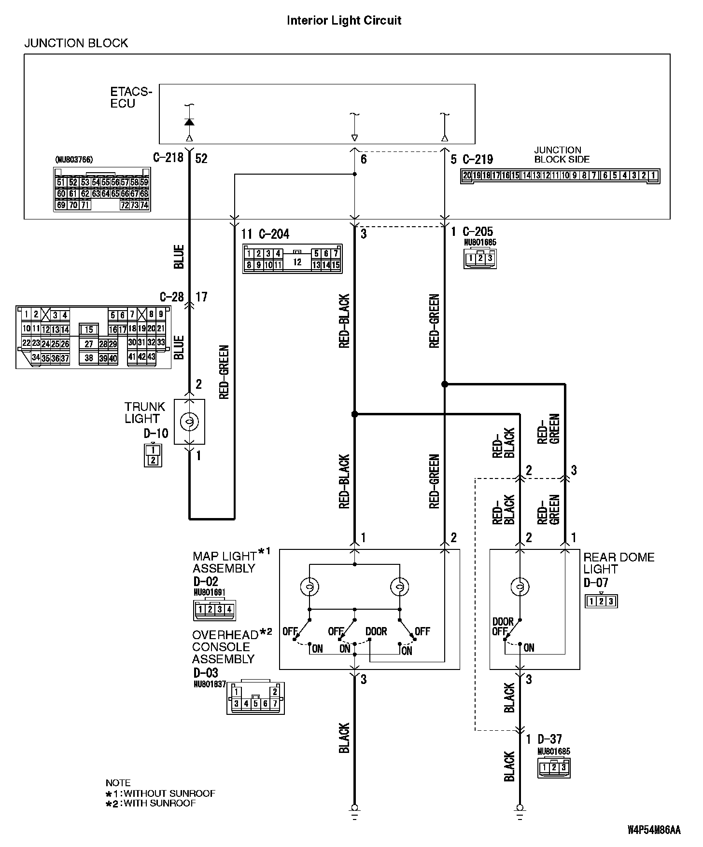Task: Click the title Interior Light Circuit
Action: tap(344, 20)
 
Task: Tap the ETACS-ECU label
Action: tap(131, 97)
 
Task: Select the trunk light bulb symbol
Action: tap(189, 422)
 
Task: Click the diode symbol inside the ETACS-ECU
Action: tap(189, 122)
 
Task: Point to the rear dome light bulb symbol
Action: tap(520, 587)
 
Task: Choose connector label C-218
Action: tap(168, 158)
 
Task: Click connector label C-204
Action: tap(274, 234)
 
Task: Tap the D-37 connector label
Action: tap(549, 738)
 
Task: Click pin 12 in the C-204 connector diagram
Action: tap(297, 262)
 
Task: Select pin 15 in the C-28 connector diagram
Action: tap(89, 330)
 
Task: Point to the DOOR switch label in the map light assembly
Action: tap(376, 631)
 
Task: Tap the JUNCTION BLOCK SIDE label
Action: tap(562, 154)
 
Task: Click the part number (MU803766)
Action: tap(74, 159)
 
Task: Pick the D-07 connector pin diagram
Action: tap(601, 601)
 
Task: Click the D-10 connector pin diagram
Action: tap(153, 455)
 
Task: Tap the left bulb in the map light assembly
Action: tap(309, 587)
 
